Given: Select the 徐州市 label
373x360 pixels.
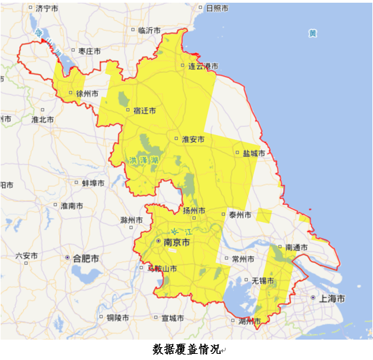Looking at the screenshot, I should [87, 93].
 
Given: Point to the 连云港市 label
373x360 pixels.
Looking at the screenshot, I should [203, 66].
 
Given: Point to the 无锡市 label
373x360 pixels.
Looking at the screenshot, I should [263, 280].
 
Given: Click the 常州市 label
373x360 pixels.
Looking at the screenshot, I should [243, 259].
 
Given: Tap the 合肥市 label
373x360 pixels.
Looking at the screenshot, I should [86, 259].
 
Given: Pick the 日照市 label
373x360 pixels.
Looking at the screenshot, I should [216, 8].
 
